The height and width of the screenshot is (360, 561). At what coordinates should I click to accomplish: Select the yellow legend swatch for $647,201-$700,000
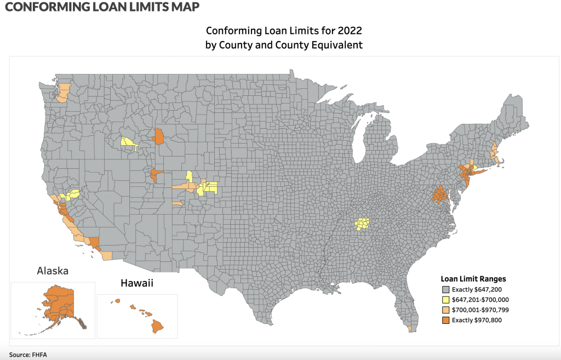[x=445, y=300]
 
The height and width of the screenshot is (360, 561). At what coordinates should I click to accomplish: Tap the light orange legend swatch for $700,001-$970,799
[x=445, y=310]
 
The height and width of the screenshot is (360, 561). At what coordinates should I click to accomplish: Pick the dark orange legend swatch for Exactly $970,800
[x=445, y=319]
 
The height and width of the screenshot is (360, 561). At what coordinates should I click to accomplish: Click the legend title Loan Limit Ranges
[x=473, y=278]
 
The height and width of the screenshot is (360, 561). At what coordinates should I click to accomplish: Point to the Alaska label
[x=52, y=271]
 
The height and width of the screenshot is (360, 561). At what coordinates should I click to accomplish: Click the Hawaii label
[x=136, y=283]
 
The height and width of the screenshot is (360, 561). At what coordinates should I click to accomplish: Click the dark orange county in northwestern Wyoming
[x=158, y=136]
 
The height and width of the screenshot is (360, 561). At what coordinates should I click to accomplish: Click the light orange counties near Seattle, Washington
[x=63, y=92]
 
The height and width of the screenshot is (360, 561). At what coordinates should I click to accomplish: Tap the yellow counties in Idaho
[x=129, y=144]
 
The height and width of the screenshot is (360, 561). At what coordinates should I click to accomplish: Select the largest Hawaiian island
[x=158, y=326]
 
